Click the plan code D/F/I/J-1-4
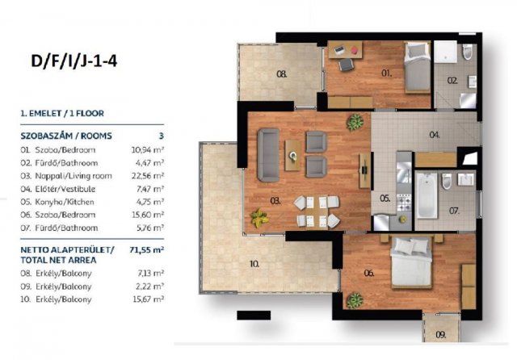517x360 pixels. pos(74,61)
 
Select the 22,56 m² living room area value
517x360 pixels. pos(147,176)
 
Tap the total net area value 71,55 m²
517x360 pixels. pos(147,250)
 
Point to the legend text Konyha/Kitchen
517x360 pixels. pos(65,202)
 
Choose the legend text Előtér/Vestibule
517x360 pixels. pos(65,189)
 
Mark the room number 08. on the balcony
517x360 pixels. pos(282,74)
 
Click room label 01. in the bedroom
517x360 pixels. pos(386,73)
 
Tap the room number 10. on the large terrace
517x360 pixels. pos(254,264)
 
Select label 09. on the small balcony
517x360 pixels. pos(441,335)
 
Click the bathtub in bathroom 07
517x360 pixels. pos(427,195)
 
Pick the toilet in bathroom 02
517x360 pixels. pos(467,52)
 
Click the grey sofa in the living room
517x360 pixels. pos(268,155)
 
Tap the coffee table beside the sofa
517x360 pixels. pos(292,155)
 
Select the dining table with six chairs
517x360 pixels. pos(316,212)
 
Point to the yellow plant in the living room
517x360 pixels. pos(259,218)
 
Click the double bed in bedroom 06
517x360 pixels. pos(411,262)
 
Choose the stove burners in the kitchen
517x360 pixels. pos(404,203)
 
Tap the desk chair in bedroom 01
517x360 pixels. pos(347,64)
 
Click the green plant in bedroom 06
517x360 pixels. pos(355,300)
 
